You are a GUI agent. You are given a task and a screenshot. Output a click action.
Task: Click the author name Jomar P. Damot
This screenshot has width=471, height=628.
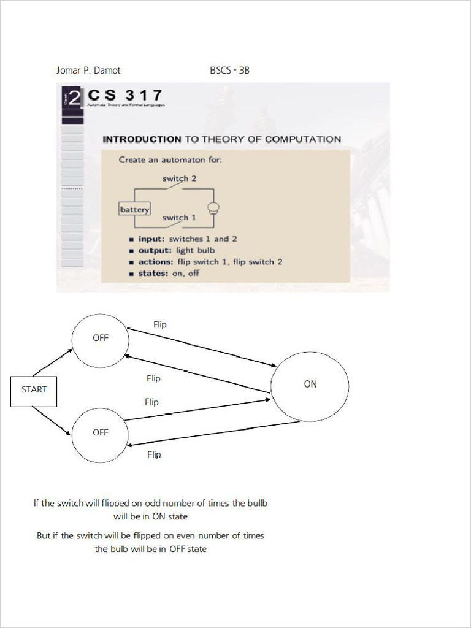(x=88, y=71)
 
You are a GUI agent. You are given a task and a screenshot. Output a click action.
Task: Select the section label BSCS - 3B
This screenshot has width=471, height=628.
(x=229, y=71)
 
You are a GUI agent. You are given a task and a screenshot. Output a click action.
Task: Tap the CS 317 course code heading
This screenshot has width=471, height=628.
(x=125, y=96)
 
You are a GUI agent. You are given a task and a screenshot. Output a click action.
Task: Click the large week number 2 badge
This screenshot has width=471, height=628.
(x=74, y=98)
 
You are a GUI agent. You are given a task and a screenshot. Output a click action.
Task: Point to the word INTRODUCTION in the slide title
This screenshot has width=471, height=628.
(x=142, y=139)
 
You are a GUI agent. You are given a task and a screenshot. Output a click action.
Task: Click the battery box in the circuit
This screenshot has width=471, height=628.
(x=134, y=209)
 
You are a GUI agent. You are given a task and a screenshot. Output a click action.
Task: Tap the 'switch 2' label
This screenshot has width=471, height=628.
(x=179, y=178)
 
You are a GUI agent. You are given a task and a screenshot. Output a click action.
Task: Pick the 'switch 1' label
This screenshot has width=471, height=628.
(x=179, y=218)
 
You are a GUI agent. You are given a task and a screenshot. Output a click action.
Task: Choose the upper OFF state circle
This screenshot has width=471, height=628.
(x=100, y=340)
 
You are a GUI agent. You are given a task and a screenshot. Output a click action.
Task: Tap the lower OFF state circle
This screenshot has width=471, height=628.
(x=100, y=434)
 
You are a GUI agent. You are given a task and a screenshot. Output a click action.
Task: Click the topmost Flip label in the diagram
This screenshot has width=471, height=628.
(x=159, y=324)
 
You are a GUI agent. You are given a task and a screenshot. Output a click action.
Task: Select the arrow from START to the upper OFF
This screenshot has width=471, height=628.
(x=53, y=362)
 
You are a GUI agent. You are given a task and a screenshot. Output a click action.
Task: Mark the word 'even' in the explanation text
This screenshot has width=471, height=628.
(x=199, y=535)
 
